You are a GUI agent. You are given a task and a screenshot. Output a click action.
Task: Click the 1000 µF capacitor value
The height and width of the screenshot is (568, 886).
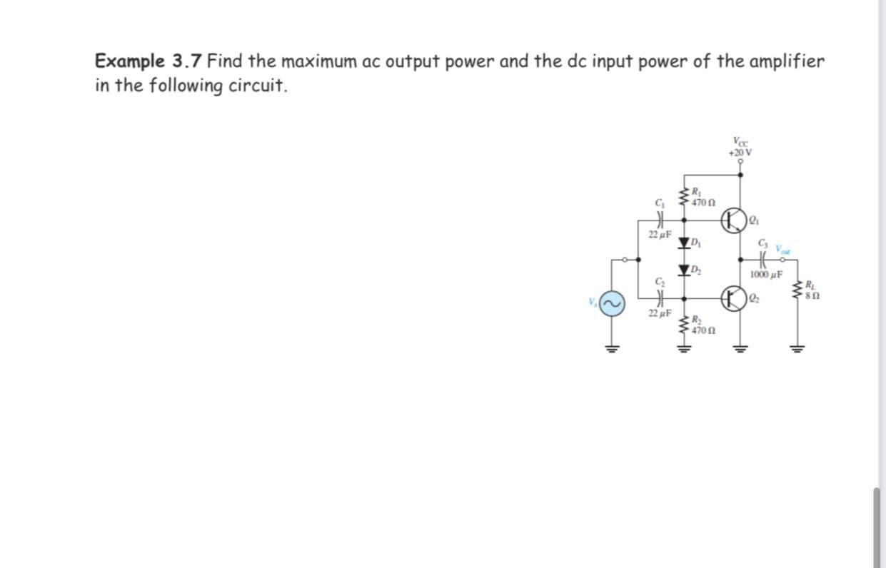point(767,275)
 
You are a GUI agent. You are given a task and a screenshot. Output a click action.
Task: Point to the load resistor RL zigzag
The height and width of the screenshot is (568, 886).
point(796,288)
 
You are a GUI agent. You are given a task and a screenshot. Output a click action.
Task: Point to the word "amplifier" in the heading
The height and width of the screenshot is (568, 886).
point(785,61)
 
